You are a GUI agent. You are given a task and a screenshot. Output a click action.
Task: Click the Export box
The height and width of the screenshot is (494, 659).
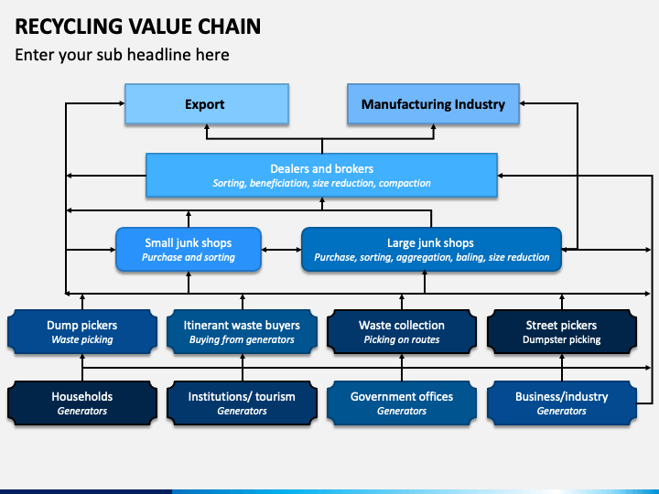click(x=207, y=103)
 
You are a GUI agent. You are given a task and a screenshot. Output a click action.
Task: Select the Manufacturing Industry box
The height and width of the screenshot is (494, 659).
click(x=433, y=103)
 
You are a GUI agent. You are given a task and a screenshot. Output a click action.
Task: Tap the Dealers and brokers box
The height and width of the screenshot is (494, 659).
click(x=321, y=175)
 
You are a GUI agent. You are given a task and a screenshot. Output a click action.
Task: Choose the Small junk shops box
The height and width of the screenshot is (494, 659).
click(x=189, y=250)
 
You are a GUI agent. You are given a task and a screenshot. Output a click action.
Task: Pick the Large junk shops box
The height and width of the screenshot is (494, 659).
click(x=432, y=250)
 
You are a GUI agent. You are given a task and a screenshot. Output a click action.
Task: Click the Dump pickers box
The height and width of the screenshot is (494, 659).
click(x=82, y=332)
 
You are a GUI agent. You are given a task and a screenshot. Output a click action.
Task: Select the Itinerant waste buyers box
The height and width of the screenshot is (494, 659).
click(x=242, y=332)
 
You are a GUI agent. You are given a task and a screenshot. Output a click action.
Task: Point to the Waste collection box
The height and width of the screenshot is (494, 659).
click(x=402, y=332)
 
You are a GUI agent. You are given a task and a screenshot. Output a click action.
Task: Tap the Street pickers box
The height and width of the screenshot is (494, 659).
click(x=562, y=332)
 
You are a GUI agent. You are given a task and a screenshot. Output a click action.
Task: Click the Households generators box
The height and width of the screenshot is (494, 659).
click(x=82, y=403)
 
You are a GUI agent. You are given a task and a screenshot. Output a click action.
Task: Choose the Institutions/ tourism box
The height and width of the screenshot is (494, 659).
click(x=242, y=403)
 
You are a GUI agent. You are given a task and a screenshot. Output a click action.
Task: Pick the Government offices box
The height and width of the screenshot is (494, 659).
click(x=402, y=403)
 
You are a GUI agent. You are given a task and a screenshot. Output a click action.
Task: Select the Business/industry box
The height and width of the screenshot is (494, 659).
click(x=562, y=403)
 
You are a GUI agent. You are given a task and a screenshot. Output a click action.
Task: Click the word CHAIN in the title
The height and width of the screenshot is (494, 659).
click(x=229, y=27)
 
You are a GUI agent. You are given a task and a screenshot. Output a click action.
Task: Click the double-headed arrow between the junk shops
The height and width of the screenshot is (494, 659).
click(x=282, y=250)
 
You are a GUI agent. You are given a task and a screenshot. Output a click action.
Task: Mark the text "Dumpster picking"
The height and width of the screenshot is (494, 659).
click(x=562, y=339)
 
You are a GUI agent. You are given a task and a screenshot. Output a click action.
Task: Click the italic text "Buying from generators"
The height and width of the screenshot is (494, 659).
click(x=242, y=339)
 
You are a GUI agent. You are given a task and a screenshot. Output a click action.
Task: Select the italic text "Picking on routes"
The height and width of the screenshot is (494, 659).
click(x=402, y=339)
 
